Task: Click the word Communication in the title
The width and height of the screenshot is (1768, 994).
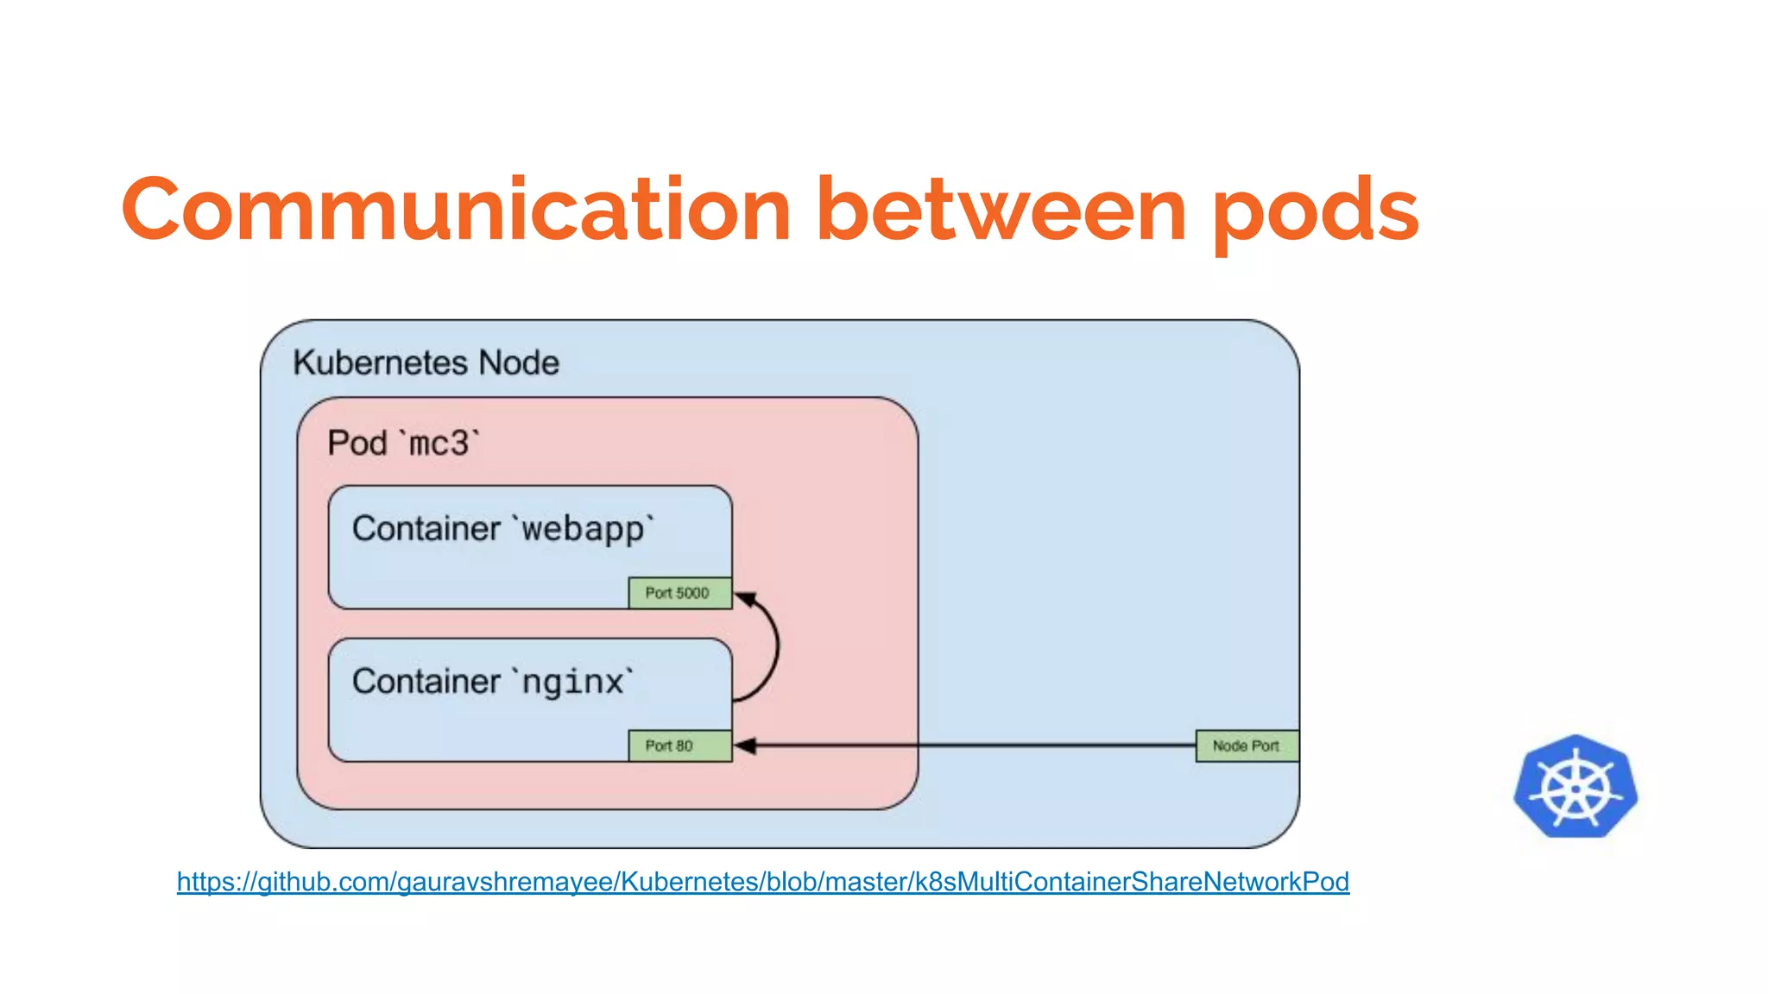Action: [x=456, y=210]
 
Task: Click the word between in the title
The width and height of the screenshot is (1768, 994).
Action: [x=1001, y=210]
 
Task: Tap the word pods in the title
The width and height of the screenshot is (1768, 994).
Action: [x=1316, y=210]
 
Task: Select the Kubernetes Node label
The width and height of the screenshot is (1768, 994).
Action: [x=426, y=362]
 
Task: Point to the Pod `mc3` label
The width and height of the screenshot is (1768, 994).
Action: [x=403, y=444]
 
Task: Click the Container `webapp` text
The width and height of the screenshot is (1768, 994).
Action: [x=503, y=528]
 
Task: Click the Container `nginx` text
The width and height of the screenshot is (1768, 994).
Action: [x=492, y=682]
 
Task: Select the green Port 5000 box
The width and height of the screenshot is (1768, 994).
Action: [x=679, y=593]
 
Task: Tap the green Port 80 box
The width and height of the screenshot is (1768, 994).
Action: [x=679, y=745]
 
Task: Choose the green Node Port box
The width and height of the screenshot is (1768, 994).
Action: [x=1246, y=745]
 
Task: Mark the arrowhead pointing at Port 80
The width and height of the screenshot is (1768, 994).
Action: [x=745, y=745]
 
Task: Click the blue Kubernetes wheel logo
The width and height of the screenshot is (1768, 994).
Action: [x=1575, y=787]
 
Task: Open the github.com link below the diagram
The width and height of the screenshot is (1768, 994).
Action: [x=762, y=881]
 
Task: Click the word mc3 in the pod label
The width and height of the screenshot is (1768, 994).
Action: [x=439, y=444]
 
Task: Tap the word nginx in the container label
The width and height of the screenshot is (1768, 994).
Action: [x=572, y=683]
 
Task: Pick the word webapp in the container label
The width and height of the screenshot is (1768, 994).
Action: [x=583, y=529]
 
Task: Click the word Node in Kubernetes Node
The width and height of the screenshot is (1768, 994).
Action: [x=519, y=362]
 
